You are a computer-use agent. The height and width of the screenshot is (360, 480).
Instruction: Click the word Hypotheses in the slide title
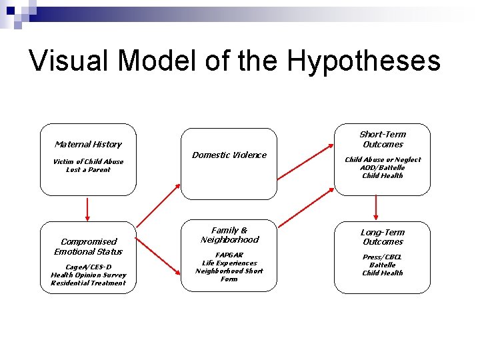(x=364, y=61)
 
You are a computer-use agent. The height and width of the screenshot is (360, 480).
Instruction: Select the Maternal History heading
(x=88, y=144)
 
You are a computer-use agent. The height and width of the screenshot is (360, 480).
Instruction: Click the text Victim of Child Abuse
(x=88, y=161)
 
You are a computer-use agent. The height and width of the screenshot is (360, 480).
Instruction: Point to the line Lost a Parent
(x=88, y=169)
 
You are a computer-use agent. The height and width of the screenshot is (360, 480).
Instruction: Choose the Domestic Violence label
(x=229, y=155)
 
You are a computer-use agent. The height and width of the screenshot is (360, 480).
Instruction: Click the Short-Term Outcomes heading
(x=383, y=139)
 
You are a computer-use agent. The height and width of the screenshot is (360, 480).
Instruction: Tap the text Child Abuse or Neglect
(x=383, y=159)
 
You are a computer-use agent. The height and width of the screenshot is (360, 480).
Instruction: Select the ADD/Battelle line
(x=383, y=167)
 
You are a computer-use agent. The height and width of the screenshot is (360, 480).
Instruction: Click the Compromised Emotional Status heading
(x=88, y=247)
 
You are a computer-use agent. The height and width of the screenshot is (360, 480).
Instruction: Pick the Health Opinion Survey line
(x=88, y=275)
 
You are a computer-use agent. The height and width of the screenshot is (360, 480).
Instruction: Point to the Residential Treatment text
(x=88, y=283)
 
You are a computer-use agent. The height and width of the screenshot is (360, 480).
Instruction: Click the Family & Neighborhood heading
(x=229, y=235)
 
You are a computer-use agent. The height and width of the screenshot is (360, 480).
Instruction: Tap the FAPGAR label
(x=229, y=255)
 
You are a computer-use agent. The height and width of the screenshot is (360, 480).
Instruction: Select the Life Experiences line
(x=229, y=263)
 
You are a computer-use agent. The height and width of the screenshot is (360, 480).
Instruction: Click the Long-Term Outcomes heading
(x=383, y=237)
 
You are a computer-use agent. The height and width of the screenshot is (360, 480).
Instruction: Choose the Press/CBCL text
(x=383, y=257)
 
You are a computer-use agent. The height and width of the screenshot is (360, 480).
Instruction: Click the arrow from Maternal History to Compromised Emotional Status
(x=87, y=209)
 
